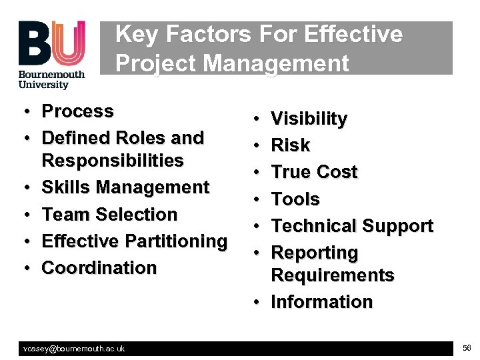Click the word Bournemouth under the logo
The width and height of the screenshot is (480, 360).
52,75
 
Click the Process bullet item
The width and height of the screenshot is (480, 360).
77,111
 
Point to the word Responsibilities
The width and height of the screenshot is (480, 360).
113,161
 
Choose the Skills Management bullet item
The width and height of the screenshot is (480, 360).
125,187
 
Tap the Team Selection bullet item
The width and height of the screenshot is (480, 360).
109,214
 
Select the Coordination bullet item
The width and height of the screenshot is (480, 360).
99,267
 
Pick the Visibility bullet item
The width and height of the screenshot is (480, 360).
309,119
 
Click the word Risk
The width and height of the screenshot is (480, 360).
291,145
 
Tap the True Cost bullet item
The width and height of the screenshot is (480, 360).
314,172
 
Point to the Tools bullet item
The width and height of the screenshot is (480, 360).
295,199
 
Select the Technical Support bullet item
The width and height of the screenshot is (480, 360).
352,226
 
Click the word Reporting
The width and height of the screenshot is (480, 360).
315,253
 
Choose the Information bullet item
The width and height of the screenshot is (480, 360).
321,301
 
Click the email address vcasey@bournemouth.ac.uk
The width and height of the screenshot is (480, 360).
74,349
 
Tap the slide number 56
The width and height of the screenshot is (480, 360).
466,348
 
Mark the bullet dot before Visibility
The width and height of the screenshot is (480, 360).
257,119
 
